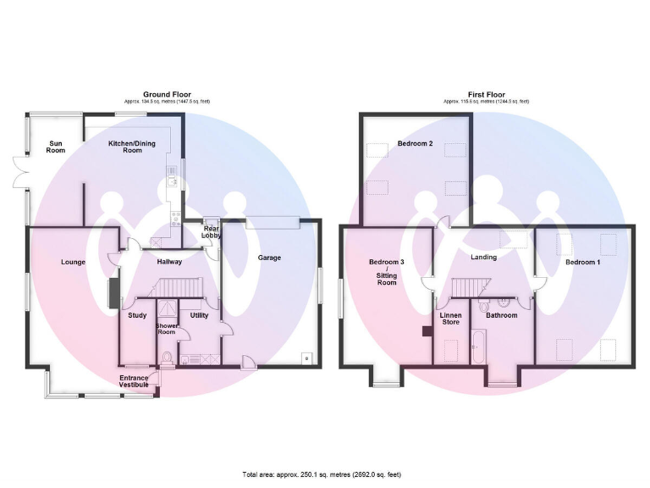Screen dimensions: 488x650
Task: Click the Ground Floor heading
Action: point(167,95)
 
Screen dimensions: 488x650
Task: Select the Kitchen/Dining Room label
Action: point(125,147)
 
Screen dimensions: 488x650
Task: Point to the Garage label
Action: point(269,258)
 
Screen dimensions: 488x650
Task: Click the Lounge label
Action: point(73,262)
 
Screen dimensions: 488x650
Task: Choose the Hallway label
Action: point(169,262)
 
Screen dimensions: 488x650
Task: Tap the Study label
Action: point(137,315)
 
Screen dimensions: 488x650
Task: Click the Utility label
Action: point(199,315)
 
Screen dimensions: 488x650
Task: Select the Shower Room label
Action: point(166,328)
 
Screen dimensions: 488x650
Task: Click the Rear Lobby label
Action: point(211,231)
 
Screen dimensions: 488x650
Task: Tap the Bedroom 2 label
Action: point(415,143)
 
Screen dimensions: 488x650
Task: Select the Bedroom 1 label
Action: point(582,262)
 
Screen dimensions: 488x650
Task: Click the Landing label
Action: point(483,258)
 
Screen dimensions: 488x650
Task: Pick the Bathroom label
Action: point(501,315)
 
